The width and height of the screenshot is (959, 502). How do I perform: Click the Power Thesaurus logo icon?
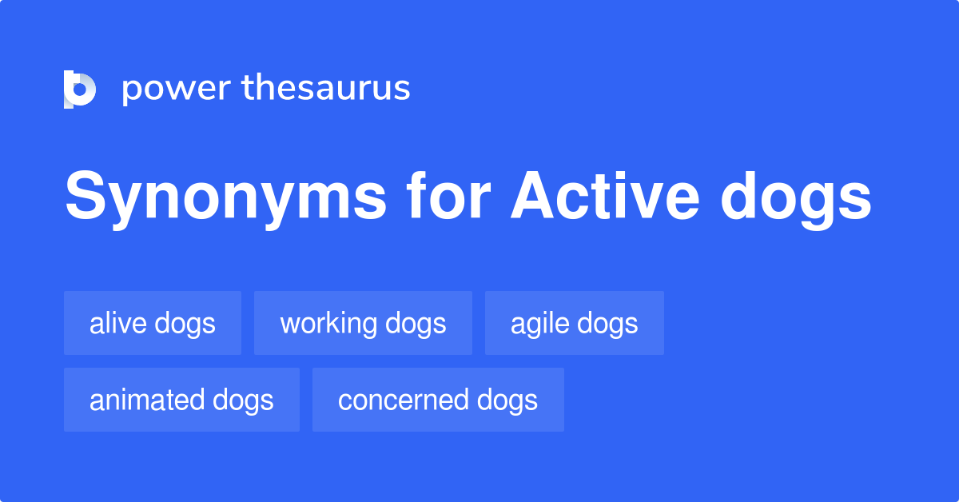pos(80,89)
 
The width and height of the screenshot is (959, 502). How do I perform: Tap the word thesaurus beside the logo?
pos(326,89)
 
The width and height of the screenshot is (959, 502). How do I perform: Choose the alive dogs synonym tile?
pos(153,323)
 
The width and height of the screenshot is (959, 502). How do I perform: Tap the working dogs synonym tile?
pos(363,323)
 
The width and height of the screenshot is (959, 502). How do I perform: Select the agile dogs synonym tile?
pos(574,323)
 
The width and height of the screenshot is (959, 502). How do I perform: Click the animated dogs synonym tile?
pos(181,400)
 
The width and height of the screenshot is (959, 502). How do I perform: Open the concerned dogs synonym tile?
pos(438,400)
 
